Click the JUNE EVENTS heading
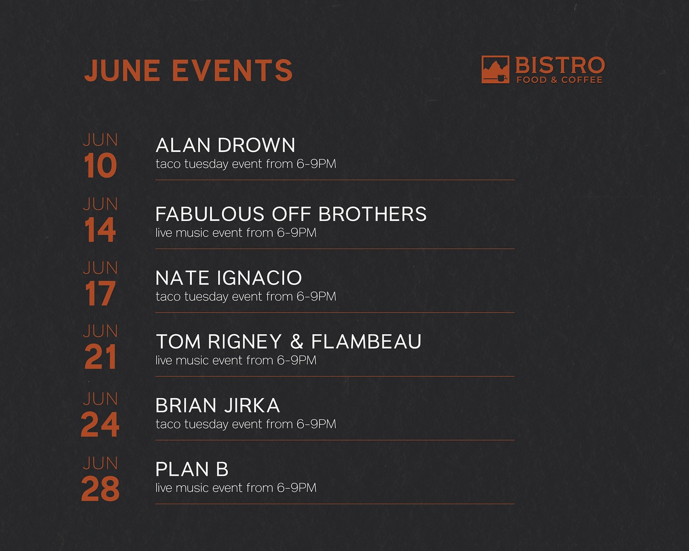[x=188, y=70]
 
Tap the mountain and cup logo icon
[x=495, y=69]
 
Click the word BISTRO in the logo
[x=560, y=66]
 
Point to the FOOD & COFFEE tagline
[x=559, y=80]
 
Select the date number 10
[x=100, y=165]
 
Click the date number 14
[x=100, y=230]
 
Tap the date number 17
[x=100, y=293]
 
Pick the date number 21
[x=100, y=357]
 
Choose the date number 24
[x=100, y=425]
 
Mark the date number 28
[x=100, y=488]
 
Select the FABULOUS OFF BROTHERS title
[x=291, y=214]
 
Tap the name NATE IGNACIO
[x=229, y=277]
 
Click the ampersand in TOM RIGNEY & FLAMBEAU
[x=297, y=342]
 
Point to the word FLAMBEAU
[x=367, y=342]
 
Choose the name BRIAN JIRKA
[x=218, y=405]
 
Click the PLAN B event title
[x=192, y=469]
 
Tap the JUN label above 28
[x=100, y=463]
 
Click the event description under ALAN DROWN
[x=246, y=164]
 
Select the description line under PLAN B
[x=236, y=487]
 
